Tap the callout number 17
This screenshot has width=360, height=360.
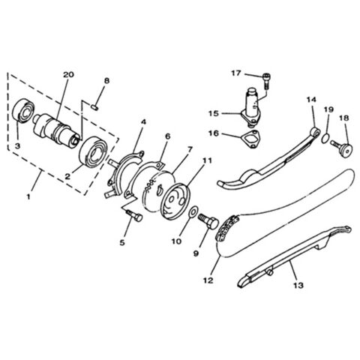tap(234, 73)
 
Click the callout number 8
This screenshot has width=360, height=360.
tap(106, 80)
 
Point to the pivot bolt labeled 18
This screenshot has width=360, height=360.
tap(345, 148)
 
